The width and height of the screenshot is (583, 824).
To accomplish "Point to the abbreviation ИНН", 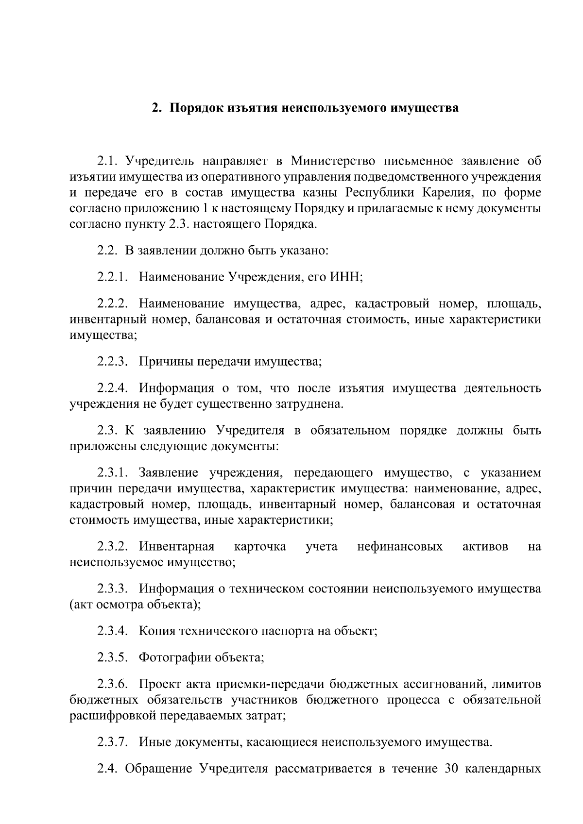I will [346, 277].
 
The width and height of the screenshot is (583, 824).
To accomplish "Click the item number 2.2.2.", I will [112, 304].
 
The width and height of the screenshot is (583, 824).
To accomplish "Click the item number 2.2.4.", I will [112, 388].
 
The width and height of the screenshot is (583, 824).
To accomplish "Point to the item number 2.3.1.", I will [112, 473].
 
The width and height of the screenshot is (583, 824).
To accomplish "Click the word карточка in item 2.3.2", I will [260, 547].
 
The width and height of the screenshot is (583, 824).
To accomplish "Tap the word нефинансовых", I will [400, 547].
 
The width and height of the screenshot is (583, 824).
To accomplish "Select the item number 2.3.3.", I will [112, 589].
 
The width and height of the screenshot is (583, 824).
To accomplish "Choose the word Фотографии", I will [172, 658].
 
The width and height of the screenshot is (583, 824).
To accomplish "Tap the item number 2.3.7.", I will [112, 742].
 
